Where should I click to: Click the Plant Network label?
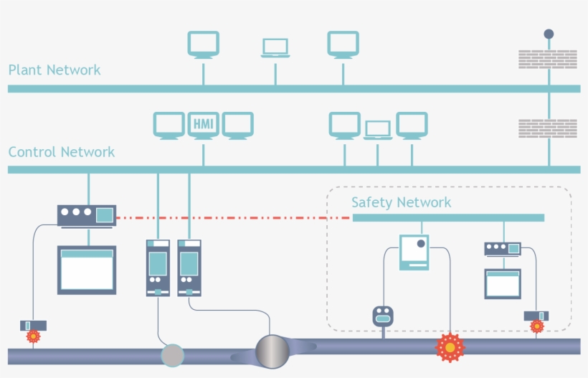[54, 70]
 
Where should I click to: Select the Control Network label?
[62, 152]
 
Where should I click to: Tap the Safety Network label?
[401, 202]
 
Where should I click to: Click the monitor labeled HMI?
[203, 125]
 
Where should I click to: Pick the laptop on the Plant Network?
[275, 48]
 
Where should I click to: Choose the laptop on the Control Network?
[378, 130]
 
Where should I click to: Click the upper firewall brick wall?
[548, 59]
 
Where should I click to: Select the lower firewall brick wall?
[548, 128]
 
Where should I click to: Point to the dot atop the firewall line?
[549, 34]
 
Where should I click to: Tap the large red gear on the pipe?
[450, 347]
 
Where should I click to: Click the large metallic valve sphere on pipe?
[272, 351]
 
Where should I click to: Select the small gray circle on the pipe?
[172, 355]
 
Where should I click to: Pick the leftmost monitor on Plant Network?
[203, 44]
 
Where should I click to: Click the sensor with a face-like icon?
[383, 316]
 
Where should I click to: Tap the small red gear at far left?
[33, 336]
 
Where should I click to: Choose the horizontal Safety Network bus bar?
[448, 217]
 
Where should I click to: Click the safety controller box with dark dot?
[414, 252]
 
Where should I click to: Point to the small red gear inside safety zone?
[536, 326]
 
